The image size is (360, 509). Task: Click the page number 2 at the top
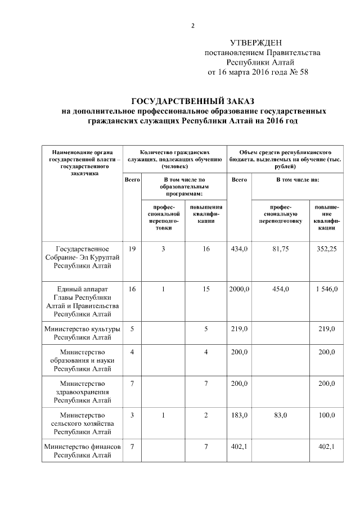click(193, 25)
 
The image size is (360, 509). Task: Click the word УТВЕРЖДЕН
click(256, 43)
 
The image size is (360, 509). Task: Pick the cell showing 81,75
click(280, 249)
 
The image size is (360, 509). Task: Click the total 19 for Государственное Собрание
click(132, 249)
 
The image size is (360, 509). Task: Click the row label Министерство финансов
click(82, 451)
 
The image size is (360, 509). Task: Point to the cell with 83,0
click(280, 415)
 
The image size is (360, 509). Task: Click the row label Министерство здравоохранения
click(82, 391)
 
